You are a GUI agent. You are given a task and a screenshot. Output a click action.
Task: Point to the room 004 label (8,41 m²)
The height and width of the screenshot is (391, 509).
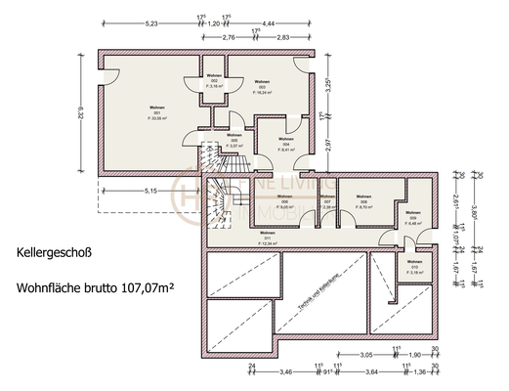click(x=286, y=145)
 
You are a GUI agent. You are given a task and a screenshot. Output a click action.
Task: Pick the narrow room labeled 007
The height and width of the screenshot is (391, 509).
click(x=329, y=202)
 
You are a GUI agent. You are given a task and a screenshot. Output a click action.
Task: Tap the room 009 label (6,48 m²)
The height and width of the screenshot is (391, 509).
click(x=412, y=217)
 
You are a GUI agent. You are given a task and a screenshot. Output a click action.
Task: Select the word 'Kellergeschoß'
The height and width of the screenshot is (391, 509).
click(x=54, y=252)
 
